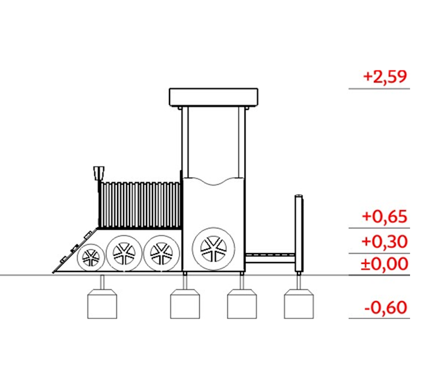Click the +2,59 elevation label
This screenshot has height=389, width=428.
(385, 77)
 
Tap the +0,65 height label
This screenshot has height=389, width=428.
(385, 217)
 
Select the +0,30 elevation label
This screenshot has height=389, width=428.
(385, 242)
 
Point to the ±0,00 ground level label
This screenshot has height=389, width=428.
(384, 264)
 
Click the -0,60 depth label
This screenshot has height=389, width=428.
(386, 308)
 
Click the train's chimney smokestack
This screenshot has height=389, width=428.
(99, 173)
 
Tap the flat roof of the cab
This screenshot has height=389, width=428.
(213, 97)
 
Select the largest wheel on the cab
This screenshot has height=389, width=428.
(213, 248)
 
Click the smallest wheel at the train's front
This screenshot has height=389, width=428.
(91, 257)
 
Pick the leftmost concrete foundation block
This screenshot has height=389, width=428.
(102, 304)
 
